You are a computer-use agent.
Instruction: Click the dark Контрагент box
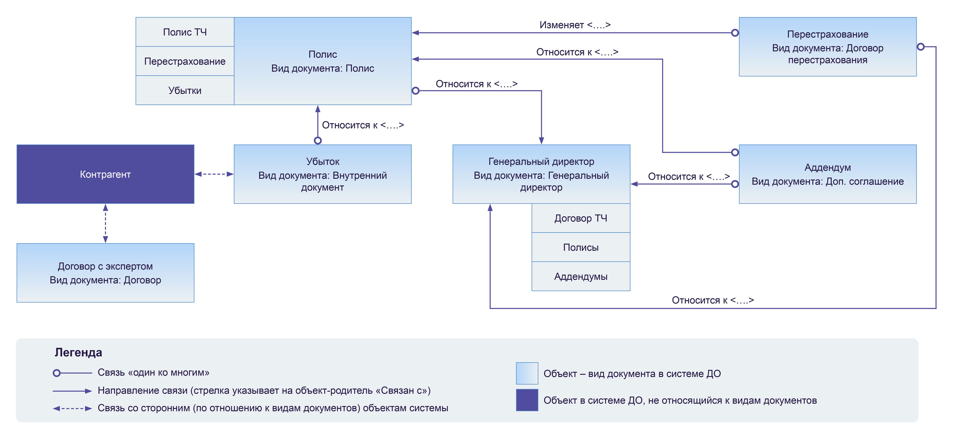pos(105,174)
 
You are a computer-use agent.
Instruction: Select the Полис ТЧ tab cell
pos(185,32)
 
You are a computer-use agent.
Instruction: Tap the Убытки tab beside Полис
pos(185,90)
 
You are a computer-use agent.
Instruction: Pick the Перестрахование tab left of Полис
pos(185,61)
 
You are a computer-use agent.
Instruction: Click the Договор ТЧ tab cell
pos(581,218)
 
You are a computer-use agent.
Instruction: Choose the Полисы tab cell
pos(581,247)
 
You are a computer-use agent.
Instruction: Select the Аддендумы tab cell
pos(581,276)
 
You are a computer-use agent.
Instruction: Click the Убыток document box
pos(322,174)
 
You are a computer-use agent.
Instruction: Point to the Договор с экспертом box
pos(105,273)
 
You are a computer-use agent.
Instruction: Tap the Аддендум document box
pos(828,174)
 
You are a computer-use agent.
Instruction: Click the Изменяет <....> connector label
pos(575,25)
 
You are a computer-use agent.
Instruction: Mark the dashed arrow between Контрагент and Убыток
pos(214,174)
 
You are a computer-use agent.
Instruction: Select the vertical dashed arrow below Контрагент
pos(105,223)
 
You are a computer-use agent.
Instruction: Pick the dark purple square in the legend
pos(527,400)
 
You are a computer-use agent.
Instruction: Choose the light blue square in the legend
pos(527,373)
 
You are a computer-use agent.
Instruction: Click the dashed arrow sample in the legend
pos(72,409)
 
